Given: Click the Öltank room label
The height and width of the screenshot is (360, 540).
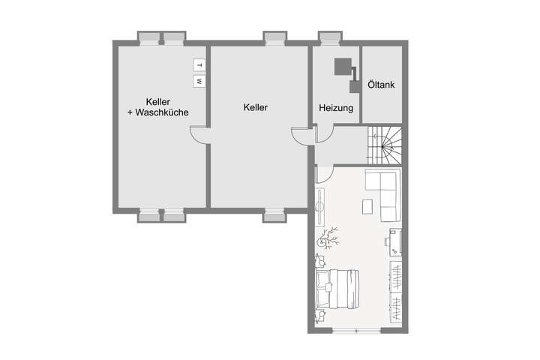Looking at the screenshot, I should click(381, 85).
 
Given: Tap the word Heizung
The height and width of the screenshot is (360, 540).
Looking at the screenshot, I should click(336, 108).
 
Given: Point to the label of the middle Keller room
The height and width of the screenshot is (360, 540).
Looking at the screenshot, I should click(256, 107).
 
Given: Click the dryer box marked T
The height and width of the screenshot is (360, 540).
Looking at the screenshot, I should click(199, 64).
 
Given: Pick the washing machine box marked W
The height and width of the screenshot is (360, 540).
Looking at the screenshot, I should click(199, 79).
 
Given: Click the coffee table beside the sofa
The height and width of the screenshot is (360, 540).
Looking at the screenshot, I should click(367, 205).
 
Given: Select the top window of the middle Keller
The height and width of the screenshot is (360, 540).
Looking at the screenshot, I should click(275, 36).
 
